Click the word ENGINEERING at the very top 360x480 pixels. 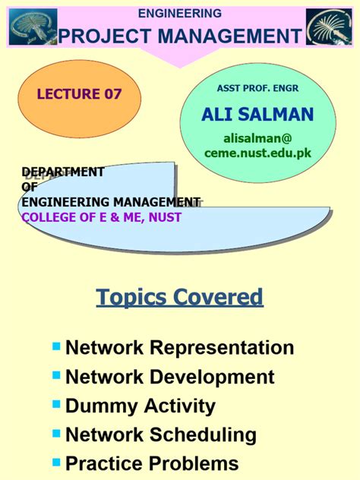coord(179,13)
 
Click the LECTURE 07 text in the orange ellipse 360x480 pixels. coord(80,94)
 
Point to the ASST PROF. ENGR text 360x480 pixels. coord(257,88)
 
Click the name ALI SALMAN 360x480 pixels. coord(257,115)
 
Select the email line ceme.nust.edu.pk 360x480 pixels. coord(257,153)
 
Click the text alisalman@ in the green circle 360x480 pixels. coord(257,138)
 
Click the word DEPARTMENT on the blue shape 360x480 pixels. coord(62,172)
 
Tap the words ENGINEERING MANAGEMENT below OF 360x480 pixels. coord(111,202)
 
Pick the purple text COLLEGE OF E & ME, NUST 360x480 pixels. coord(102,217)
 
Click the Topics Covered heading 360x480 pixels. coord(179,296)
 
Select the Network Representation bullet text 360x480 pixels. coord(179,348)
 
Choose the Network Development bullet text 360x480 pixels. coord(170,377)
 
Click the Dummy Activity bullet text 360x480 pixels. coord(141,406)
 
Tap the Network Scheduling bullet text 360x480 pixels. coord(161,434)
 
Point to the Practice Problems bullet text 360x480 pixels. coord(152,463)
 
